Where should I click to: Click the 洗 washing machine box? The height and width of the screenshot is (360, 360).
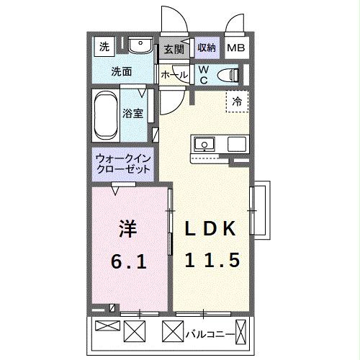click(x=105, y=48)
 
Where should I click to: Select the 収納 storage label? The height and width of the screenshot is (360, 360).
click(x=207, y=48)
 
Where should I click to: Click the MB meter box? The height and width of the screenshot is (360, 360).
click(x=235, y=49)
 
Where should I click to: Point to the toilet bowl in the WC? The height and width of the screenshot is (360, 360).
click(x=228, y=74)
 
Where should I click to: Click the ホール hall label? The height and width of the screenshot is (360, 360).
click(x=174, y=75)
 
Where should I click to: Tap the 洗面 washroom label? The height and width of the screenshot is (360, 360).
click(x=121, y=72)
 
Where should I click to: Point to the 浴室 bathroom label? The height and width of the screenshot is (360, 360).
click(x=132, y=112)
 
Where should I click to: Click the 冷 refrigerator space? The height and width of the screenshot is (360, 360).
click(x=237, y=102)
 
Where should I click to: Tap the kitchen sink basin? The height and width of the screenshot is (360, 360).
click(x=204, y=143)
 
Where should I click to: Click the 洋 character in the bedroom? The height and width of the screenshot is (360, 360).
click(x=127, y=230)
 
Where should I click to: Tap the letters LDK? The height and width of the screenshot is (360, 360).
click(x=211, y=230)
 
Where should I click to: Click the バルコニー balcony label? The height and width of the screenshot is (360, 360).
click(x=210, y=334)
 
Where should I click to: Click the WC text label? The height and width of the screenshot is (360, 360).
click(x=203, y=74)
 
